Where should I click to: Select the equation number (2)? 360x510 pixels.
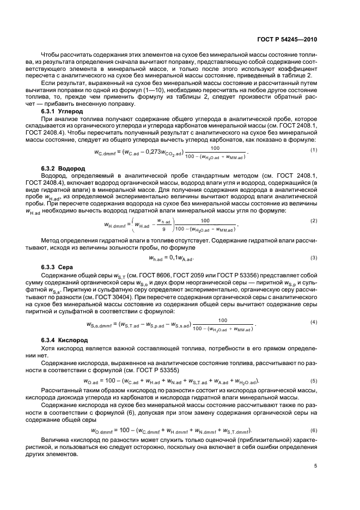pos(314,220)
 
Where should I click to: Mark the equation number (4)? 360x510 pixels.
pos(314,323)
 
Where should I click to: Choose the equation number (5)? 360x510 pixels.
pos(314,380)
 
